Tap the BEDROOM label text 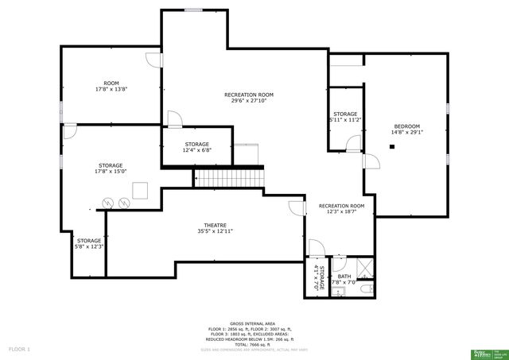[x=406, y=127]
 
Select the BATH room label [x=344, y=277]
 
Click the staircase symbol [x=229, y=178]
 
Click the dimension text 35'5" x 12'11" [x=215, y=231]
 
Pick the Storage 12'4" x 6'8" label [x=196, y=147]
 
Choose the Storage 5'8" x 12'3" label [x=89, y=244]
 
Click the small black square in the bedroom [x=391, y=157]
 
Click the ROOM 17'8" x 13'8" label [x=111, y=86]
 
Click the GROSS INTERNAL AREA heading [x=252, y=323]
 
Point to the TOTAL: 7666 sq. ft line [x=252, y=344]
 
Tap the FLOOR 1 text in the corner [x=19, y=349]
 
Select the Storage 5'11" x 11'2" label [x=345, y=117]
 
